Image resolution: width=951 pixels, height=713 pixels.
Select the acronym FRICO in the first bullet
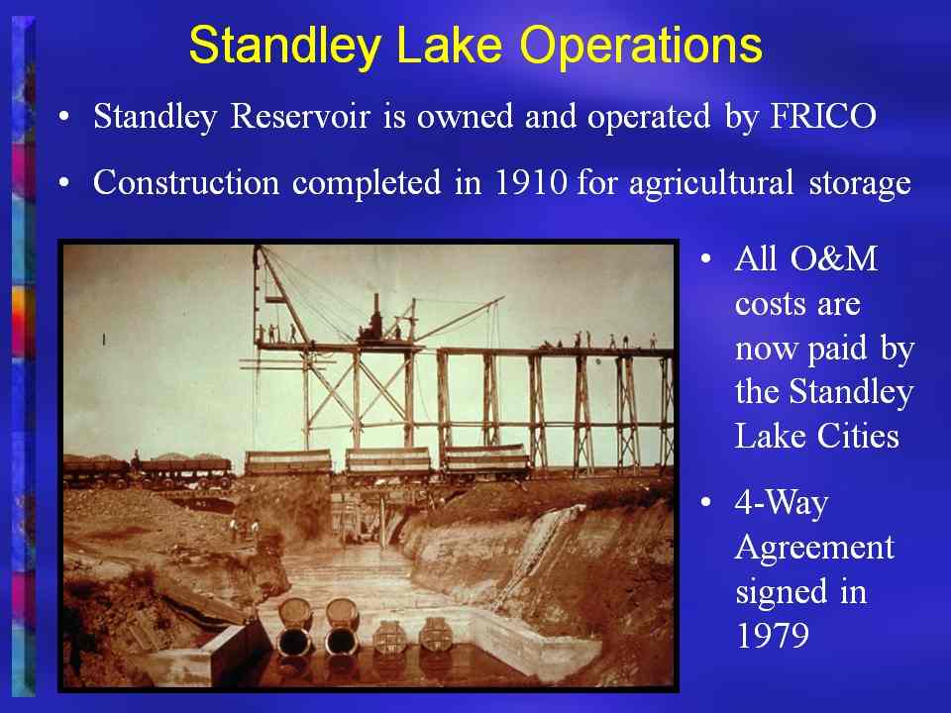coord(823,116)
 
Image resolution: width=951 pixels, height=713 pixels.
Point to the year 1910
coord(531,182)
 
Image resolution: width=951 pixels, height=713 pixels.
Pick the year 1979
coord(772,635)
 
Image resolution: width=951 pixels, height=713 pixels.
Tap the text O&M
coord(833,258)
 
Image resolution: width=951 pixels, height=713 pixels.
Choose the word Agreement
coord(814,549)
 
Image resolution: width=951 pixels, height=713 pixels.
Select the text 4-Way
coord(782,504)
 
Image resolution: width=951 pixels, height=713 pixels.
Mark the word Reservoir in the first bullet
coord(299,116)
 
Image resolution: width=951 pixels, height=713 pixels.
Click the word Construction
coord(186,182)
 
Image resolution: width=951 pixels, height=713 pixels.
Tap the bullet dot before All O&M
coord(705,259)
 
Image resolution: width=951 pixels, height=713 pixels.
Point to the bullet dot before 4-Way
coord(705,503)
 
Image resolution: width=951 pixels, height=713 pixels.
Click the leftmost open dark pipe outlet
coord(295,641)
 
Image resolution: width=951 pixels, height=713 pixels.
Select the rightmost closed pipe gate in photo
coord(436,634)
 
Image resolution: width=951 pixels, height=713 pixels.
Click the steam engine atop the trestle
coord(373,320)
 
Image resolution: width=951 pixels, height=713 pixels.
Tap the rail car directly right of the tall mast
coord(288,462)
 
